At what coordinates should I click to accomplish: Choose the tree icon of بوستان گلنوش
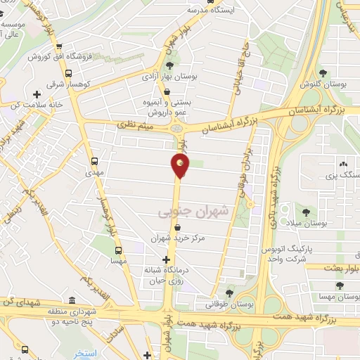(323, 73)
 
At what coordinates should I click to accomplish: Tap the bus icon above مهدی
(94, 160)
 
